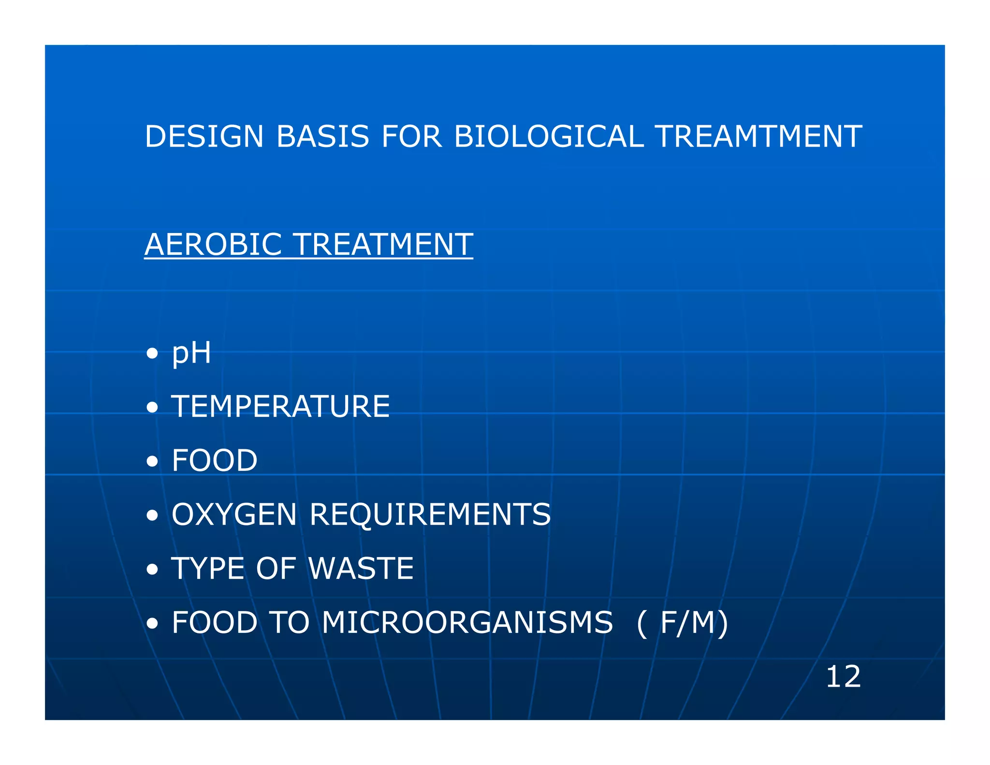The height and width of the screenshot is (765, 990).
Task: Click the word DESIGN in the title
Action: [x=204, y=136]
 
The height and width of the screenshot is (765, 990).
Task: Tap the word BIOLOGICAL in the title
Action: [x=549, y=136]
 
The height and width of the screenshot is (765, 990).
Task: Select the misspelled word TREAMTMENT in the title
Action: [x=759, y=136]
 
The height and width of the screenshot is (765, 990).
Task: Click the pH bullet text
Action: [x=191, y=353]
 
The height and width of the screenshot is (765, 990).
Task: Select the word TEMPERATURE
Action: [x=280, y=407]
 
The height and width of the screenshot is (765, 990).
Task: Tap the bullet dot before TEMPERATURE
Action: [x=152, y=408]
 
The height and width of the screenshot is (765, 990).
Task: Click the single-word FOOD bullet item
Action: [x=215, y=460]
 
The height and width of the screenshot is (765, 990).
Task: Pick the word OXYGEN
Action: [x=234, y=515]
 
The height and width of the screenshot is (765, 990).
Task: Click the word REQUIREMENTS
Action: [x=430, y=515]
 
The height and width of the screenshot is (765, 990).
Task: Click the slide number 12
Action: [x=843, y=677]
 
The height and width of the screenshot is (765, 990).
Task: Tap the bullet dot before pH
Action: [x=152, y=354]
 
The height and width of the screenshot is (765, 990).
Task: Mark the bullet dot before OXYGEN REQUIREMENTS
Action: [x=152, y=515]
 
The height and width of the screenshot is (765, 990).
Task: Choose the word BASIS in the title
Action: [x=322, y=136]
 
